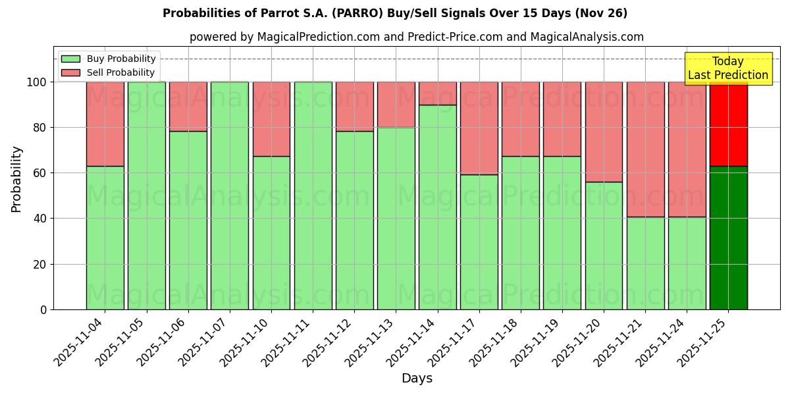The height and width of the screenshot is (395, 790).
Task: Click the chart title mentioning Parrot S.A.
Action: click(x=394, y=13)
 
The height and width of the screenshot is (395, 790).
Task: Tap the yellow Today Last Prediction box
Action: click(x=727, y=68)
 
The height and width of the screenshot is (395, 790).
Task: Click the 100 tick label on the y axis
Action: click(x=36, y=82)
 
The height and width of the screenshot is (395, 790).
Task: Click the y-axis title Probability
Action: click(x=16, y=179)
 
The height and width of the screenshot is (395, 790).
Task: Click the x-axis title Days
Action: click(x=417, y=379)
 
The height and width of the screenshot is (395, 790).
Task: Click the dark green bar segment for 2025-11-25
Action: click(x=728, y=238)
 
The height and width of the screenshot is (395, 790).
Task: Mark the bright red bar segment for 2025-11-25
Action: click(x=728, y=124)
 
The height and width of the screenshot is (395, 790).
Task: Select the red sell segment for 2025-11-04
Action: click(x=105, y=124)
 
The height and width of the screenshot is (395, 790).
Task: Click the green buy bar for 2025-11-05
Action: click(x=146, y=196)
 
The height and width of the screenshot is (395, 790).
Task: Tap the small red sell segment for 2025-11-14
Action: click(x=437, y=93)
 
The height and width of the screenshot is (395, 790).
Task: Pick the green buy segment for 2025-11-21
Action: click(x=645, y=263)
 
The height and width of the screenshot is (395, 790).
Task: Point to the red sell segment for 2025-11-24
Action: click(x=687, y=149)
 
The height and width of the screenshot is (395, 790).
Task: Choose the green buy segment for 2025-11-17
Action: click(x=479, y=242)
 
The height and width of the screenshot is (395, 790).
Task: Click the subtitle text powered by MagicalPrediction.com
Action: click(x=416, y=37)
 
